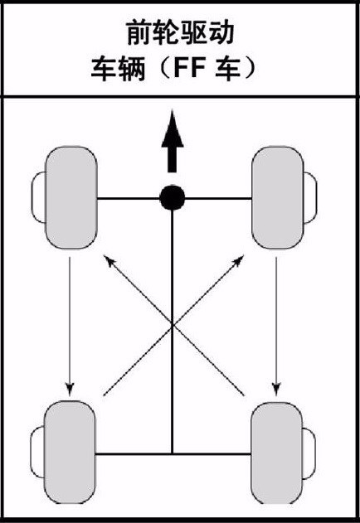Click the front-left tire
click(x=71, y=197)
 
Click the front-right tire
click(x=278, y=197)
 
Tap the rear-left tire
click(x=70, y=453)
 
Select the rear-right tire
click(x=276, y=453)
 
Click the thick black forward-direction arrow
click(x=173, y=142)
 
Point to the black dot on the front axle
click(x=173, y=197)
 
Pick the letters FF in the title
click(x=188, y=68)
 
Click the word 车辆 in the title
click(x=119, y=68)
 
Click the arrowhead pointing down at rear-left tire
click(x=70, y=390)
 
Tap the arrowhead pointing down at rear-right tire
click(x=276, y=390)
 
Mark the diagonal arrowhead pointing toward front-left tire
click(x=109, y=260)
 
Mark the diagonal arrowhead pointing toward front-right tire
click(x=238, y=261)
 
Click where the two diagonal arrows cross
click(x=173, y=325)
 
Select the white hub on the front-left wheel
click(x=38, y=197)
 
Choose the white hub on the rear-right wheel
click(x=309, y=453)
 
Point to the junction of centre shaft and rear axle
click(x=173, y=453)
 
